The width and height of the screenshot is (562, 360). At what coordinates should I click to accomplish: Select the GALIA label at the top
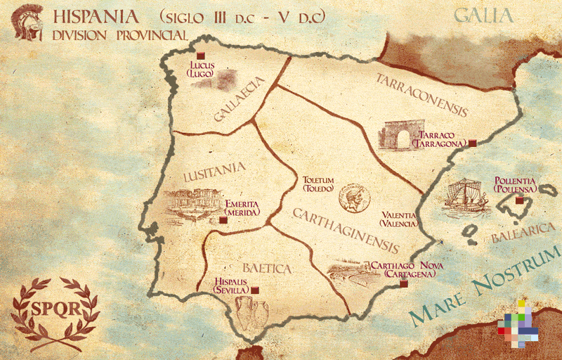484,15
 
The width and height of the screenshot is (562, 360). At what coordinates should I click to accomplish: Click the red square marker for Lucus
200,56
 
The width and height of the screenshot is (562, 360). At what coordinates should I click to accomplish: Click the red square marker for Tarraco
473,143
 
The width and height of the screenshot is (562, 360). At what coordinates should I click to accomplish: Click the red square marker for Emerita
223,220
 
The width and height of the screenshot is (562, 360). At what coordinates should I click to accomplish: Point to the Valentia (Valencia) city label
398,219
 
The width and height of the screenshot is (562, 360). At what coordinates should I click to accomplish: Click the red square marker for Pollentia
520,200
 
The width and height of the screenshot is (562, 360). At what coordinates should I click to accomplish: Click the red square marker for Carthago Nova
403,285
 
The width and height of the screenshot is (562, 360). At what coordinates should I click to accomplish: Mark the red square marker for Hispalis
256,290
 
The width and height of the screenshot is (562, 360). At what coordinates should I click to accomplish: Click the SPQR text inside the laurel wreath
55,310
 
